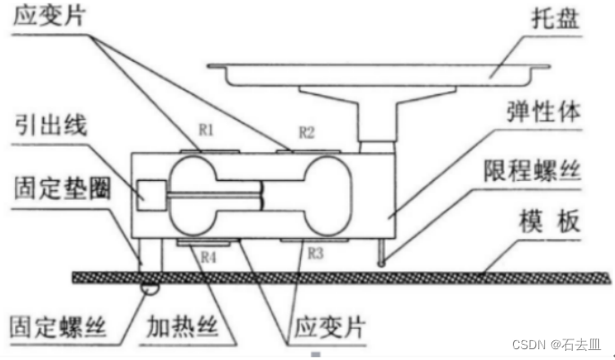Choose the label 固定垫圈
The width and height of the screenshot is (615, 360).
click(x=54, y=191)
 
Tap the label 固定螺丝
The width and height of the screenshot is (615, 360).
click(x=55, y=324)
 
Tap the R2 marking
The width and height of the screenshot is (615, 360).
click(x=306, y=133)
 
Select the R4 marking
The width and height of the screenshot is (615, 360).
click(x=208, y=257)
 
